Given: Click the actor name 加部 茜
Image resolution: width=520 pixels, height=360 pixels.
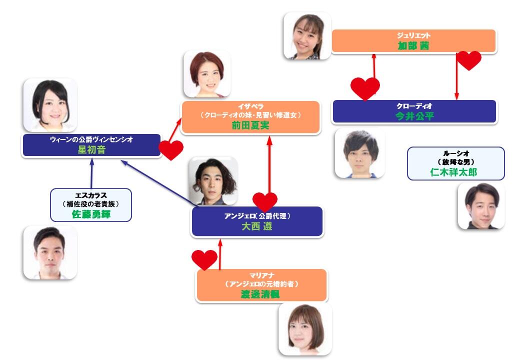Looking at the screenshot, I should (x=413, y=45).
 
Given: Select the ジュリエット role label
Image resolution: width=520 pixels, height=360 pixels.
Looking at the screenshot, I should (x=413, y=35).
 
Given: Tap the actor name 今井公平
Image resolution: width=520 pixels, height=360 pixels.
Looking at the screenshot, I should (x=414, y=116).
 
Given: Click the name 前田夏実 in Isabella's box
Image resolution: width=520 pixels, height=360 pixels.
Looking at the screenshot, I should (x=250, y=125).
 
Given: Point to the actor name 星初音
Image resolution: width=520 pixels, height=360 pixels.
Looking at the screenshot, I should (x=91, y=149).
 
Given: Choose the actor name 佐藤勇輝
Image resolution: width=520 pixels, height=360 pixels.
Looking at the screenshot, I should (x=90, y=214).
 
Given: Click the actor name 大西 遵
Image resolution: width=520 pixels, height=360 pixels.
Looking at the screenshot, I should (x=257, y=226).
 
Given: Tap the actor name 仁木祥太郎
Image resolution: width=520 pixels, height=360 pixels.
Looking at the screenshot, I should (x=455, y=172).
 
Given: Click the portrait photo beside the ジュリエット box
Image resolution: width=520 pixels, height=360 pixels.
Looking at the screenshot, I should (x=306, y=36).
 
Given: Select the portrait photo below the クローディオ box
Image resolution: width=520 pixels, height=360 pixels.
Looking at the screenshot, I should (x=359, y=153).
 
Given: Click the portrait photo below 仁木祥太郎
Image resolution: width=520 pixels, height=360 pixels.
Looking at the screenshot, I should (x=481, y=206).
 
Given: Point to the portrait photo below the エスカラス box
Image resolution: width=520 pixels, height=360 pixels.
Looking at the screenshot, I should (x=50, y=252).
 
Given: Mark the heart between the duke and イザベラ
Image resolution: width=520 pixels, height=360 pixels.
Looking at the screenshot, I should (x=171, y=149).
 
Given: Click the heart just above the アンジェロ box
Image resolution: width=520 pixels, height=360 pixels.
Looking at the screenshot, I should (x=264, y=201).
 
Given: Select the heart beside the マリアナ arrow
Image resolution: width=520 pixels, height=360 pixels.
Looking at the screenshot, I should (x=204, y=259).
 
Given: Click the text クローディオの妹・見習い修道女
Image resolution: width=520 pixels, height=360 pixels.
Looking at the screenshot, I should (x=250, y=115).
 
